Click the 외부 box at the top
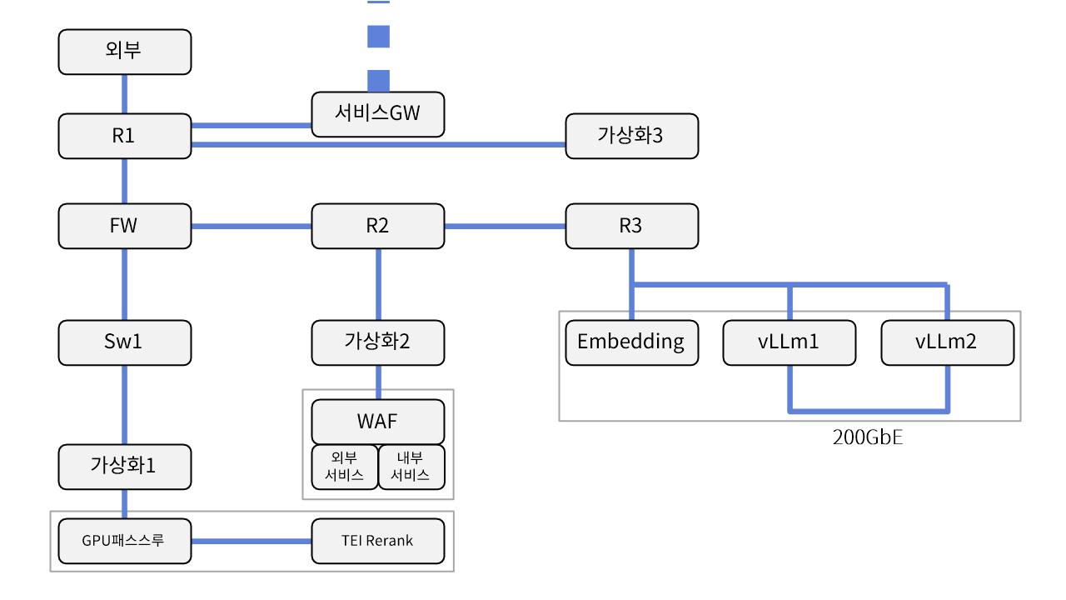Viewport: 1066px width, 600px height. [125, 52]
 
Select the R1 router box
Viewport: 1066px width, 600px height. [125, 136]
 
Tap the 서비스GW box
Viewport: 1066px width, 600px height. [378, 113]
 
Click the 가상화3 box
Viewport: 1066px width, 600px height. [631, 136]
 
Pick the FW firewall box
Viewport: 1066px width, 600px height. [125, 226]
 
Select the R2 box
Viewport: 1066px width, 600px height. [378, 226]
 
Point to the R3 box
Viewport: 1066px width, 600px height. [631, 226]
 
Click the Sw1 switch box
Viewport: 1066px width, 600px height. [125, 342]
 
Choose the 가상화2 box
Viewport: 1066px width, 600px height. [378, 342]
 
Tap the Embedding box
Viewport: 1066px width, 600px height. [631, 342]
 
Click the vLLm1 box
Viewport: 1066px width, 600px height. [789, 342]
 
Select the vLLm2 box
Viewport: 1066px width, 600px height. [947, 342]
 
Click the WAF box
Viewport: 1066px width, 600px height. [378, 422]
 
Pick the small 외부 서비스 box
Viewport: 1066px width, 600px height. [345, 467]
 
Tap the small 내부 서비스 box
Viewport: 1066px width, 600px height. [411, 467]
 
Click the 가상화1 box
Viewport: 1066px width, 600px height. [125, 467]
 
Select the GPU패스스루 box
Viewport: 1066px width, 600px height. [125, 541]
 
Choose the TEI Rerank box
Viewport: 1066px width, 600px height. [378, 541]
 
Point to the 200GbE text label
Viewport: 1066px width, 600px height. [867, 437]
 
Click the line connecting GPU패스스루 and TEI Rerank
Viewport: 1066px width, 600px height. [252, 541]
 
